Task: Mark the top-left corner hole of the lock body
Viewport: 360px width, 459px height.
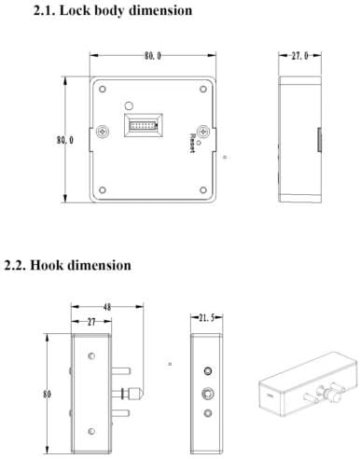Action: pos(97,90)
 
